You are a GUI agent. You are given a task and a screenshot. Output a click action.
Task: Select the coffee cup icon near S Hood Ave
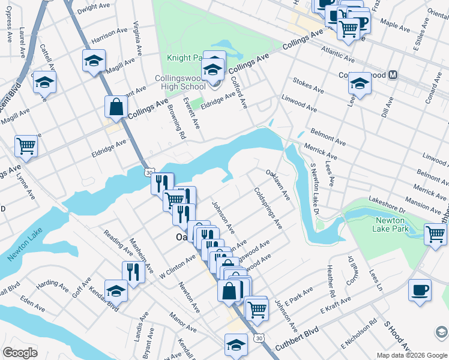point(420,290)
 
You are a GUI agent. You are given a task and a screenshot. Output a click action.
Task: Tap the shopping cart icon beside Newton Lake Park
point(435,234)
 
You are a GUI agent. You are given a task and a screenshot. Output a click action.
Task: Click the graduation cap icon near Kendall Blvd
point(116,291)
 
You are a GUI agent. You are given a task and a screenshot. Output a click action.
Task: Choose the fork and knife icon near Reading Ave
point(133,272)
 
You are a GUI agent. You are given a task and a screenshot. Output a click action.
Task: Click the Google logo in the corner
point(20,353)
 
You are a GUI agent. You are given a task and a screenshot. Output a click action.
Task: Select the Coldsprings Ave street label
point(268,208)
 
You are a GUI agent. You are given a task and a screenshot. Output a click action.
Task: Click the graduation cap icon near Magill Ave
point(94,61)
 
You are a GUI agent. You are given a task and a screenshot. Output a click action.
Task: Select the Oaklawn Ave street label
point(278,185)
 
